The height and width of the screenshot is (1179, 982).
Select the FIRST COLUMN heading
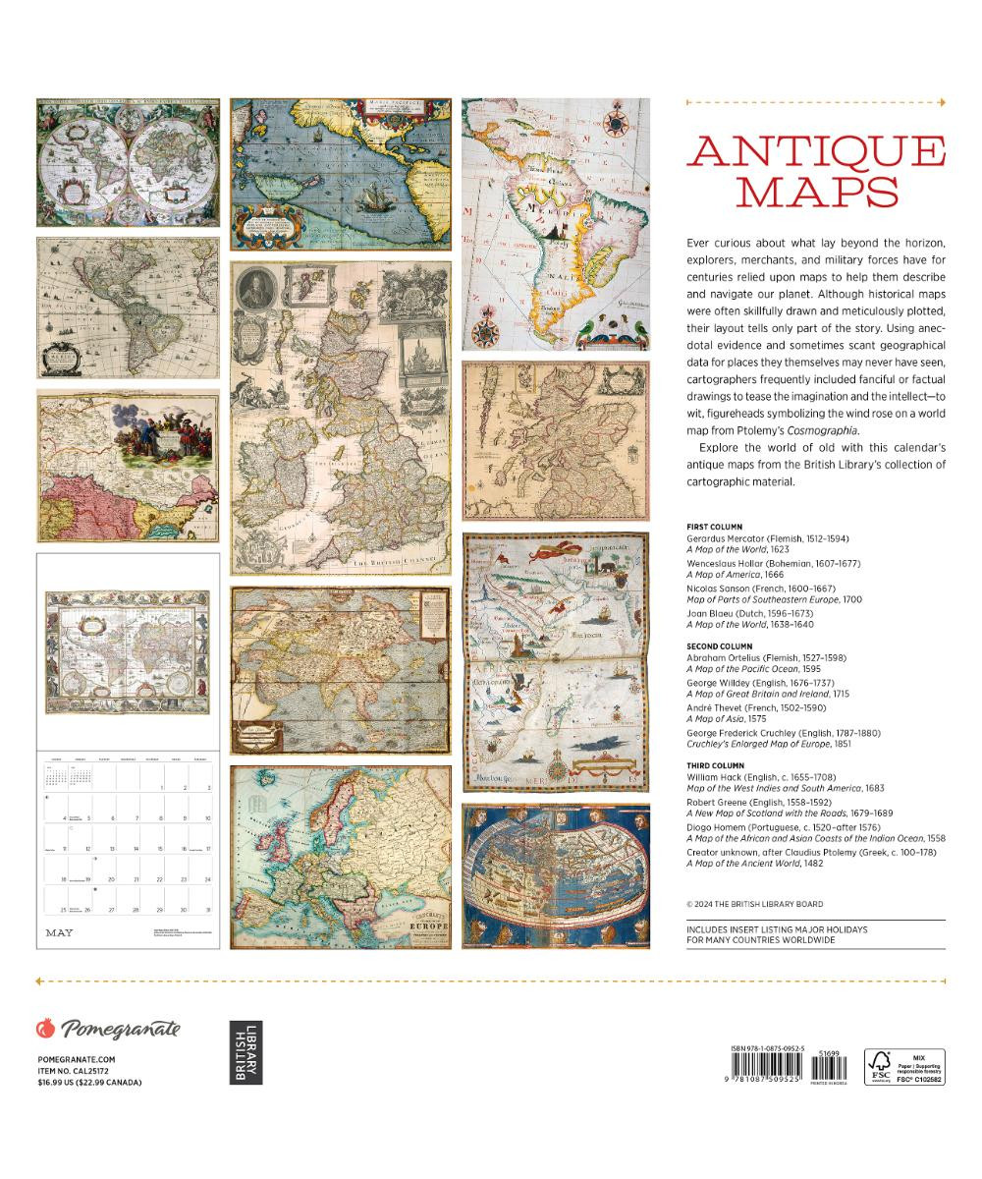[715, 527]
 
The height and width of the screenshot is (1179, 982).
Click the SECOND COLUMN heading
[720, 646]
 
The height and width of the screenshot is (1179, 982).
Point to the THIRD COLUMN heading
[716, 764]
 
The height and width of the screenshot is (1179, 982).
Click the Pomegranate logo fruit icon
[44, 1029]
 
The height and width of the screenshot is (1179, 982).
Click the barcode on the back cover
[773, 1066]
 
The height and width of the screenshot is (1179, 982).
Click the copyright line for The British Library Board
[755, 904]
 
